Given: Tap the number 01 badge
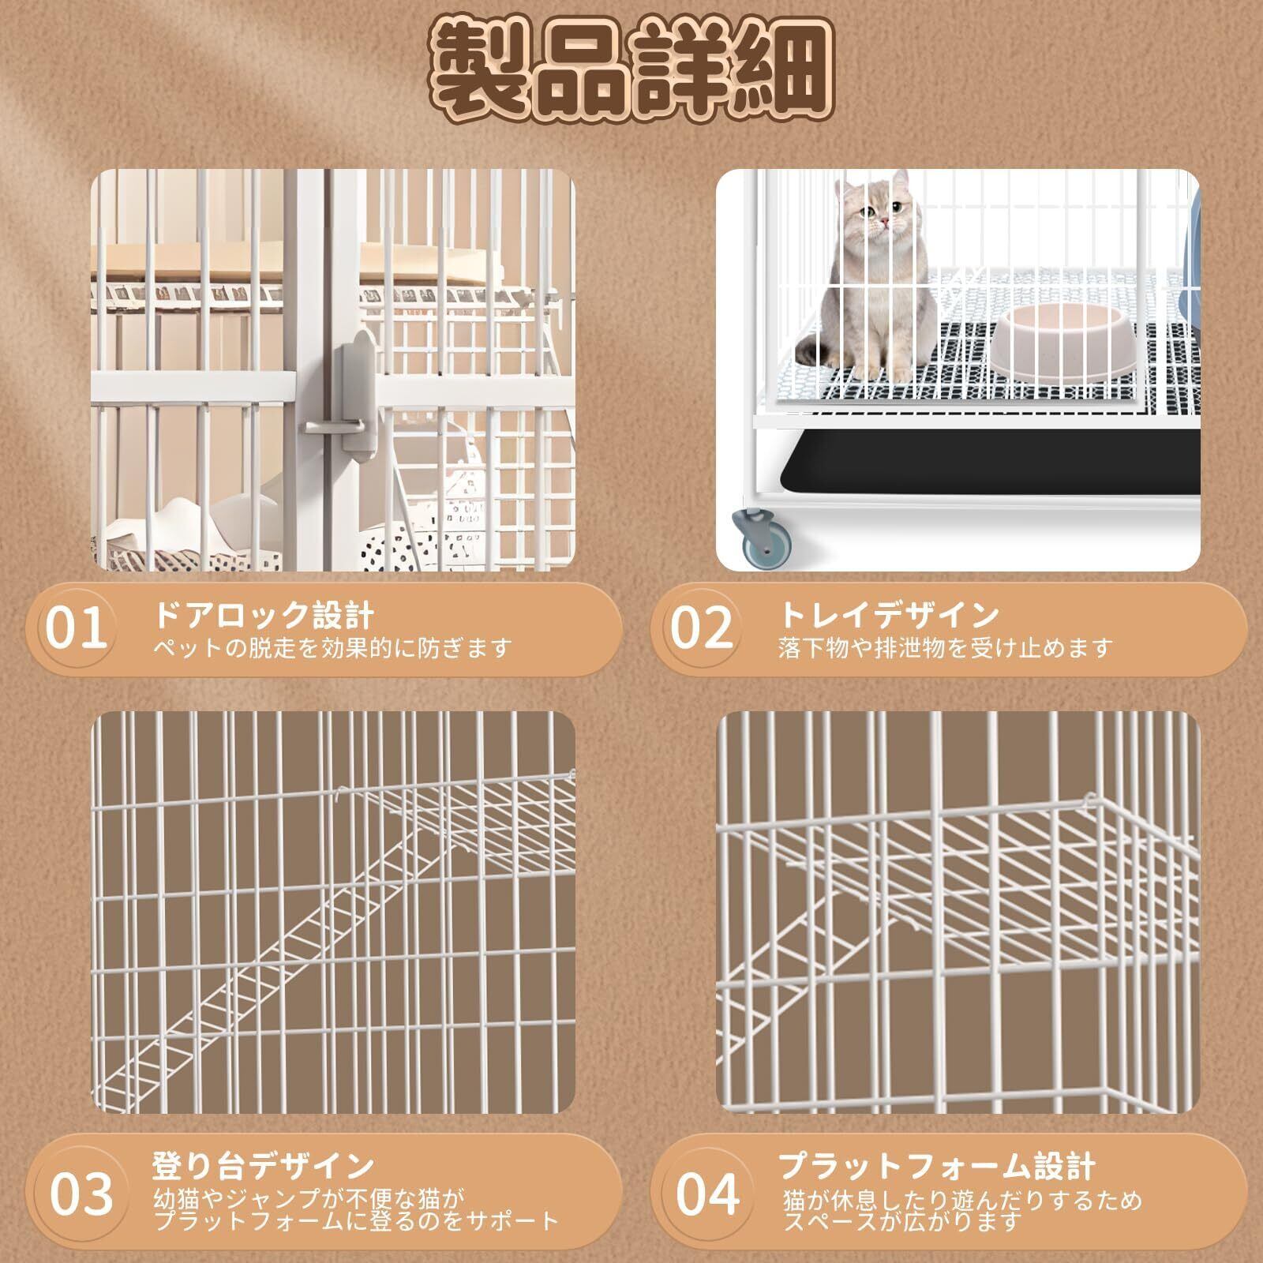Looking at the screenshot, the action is [76, 628].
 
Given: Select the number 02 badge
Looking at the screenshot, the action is [702, 628].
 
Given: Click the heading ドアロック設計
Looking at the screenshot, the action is [264, 614].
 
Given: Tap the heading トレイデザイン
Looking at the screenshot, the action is [889, 613].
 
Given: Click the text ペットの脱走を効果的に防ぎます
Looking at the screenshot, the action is [332, 648].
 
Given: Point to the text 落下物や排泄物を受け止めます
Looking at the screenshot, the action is [945, 648].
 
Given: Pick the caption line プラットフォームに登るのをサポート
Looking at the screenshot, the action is [356, 1222].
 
